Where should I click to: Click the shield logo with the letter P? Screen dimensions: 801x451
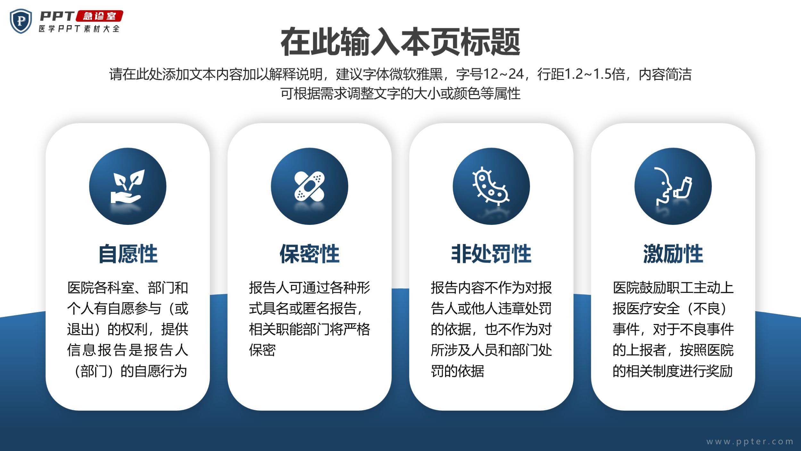[21, 21]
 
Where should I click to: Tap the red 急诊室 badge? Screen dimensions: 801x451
[99, 16]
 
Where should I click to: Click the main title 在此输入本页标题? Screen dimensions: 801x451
[400, 42]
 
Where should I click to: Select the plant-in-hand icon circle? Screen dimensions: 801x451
[128, 186]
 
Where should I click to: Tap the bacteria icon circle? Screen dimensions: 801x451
[491, 186]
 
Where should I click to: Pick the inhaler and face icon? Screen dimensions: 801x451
[673, 186]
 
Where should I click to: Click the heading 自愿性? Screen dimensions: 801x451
[128, 254]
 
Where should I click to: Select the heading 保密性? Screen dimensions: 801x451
[310, 254]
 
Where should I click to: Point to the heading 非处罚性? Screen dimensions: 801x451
[491, 254]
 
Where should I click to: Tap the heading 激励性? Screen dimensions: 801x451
[673, 254]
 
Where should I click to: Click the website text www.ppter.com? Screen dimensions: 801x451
[750, 441]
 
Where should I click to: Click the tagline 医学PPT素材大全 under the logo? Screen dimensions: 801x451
[79, 29]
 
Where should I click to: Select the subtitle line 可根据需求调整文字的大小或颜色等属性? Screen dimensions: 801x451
[400, 93]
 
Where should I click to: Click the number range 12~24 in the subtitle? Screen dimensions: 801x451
[503, 74]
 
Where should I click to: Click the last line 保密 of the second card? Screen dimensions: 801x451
[262, 350]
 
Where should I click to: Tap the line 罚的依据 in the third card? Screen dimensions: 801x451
[458, 371]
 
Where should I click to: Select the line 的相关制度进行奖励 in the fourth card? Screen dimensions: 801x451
[673, 371]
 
